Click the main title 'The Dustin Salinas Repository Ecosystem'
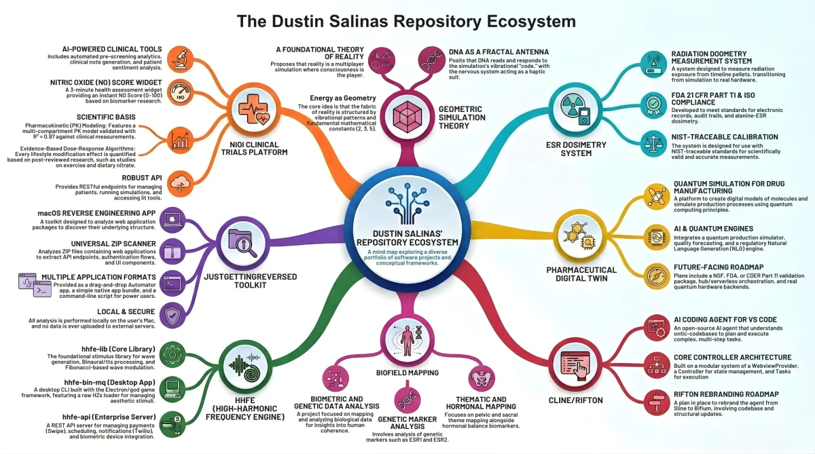[x=405, y=21]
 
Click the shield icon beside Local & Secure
[x=174, y=314]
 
